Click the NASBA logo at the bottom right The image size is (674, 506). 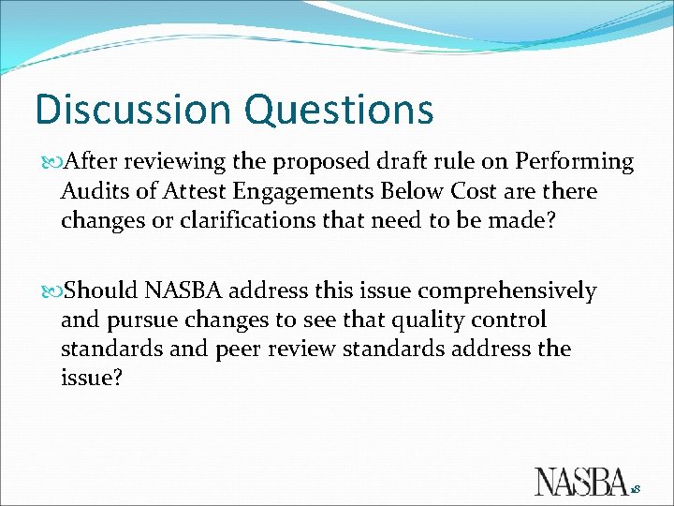point(581,480)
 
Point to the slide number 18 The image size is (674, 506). point(636,489)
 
